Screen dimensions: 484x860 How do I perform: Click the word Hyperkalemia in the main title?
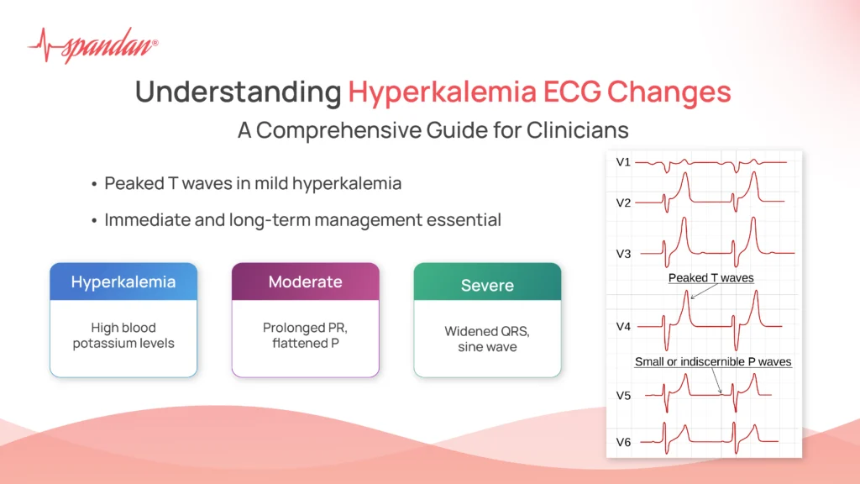coord(442,92)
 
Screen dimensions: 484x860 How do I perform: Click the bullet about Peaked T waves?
coord(252,183)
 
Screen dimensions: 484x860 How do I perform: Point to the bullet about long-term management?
coord(302,220)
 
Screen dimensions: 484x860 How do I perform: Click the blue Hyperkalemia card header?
coord(123,281)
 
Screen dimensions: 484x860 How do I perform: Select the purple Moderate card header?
coord(305,281)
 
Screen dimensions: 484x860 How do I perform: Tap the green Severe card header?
coord(487,286)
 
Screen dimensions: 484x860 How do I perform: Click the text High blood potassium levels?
coord(123,336)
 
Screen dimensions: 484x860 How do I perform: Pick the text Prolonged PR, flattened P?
coord(305,336)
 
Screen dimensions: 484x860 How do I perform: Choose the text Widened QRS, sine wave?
coord(487,339)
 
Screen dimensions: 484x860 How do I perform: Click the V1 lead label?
coord(623,162)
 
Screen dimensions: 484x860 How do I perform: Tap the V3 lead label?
coord(623,253)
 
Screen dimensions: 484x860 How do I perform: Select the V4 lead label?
coord(623,326)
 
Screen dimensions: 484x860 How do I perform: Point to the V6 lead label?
coord(623,442)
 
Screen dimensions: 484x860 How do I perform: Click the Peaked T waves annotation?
coord(711,278)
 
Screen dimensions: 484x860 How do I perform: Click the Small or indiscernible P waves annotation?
coord(712,361)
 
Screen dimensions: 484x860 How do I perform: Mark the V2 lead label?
coord(623,202)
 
